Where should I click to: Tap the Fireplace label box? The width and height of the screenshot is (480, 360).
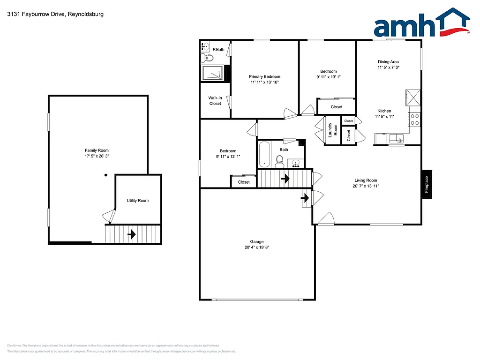tap(427, 184)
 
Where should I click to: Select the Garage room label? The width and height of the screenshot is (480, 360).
tap(256, 242)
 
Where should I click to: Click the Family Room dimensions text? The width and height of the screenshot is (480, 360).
tap(97, 156)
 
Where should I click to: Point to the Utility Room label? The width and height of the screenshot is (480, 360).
tap(137, 201)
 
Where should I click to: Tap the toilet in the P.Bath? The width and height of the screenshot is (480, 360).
tap(208, 59)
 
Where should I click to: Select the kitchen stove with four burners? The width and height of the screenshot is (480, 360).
tap(414, 120)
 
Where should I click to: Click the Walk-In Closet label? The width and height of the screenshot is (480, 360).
tap(215, 101)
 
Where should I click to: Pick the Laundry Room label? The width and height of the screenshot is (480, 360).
tap(333, 129)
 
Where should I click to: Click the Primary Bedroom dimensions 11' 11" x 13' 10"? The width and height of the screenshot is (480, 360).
tap(264, 82)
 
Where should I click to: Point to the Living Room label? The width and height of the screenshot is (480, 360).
tap(366, 180)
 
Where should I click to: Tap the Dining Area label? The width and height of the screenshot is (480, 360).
tap(388, 62)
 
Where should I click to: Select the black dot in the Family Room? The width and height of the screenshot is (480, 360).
tap(106, 175)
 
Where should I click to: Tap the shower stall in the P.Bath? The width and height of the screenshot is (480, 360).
tap(213, 74)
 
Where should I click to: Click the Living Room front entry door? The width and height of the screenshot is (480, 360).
tap(326, 218)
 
